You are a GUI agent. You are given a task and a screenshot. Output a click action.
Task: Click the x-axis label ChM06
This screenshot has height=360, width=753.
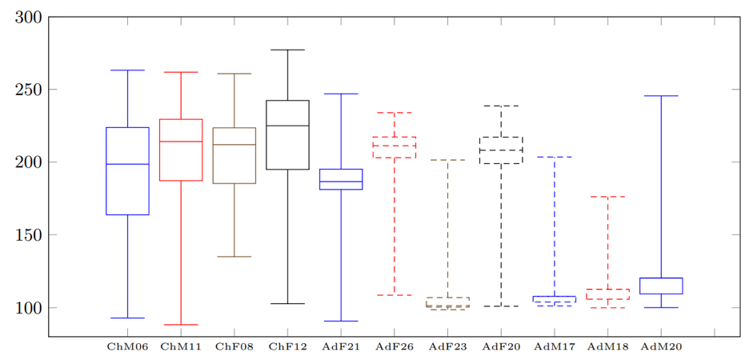coord(127,347)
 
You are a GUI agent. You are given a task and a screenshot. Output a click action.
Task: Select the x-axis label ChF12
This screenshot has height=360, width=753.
coord(287,347)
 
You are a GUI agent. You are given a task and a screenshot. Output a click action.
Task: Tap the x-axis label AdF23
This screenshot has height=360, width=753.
coord(447,347)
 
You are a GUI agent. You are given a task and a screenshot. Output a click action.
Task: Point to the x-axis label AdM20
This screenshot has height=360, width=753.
coord(661,347)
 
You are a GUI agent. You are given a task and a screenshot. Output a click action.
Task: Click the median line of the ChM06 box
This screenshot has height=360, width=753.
coord(127,164)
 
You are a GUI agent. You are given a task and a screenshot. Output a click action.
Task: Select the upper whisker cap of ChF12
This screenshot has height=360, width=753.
coord(287,50)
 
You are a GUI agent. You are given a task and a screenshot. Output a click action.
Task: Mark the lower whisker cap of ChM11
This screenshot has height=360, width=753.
coord(181,325)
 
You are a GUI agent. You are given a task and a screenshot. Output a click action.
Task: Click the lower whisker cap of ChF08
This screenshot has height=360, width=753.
coord(234,257)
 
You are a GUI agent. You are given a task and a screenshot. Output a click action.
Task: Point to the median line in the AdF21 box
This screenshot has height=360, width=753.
coord(341,182)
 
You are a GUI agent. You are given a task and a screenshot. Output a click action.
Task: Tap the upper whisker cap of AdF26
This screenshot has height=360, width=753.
coord(395,113)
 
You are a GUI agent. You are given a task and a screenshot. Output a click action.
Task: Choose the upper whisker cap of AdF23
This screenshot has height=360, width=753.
coord(447,160)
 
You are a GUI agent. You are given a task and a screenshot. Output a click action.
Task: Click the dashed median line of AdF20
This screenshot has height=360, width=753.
coord(501,150)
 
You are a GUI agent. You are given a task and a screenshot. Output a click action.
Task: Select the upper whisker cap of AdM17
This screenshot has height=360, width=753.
coord(554,157)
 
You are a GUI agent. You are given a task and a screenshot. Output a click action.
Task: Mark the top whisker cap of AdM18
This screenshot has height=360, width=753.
coord(607,197)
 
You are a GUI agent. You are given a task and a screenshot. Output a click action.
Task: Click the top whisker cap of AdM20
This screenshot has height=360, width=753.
coord(661,96)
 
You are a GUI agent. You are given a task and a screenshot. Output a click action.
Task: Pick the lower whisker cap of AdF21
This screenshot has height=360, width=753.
coord(341,321)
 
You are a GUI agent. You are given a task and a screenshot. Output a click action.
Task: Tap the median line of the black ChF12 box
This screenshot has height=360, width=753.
coord(287,126)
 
